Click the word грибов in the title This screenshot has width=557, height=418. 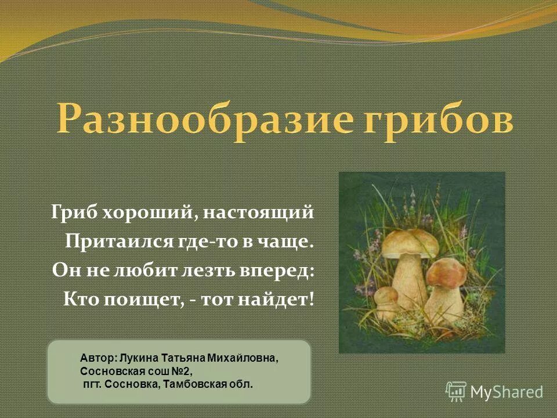click(x=436, y=119)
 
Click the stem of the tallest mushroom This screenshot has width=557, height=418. click(x=410, y=279)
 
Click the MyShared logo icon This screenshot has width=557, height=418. click(x=456, y=391)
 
